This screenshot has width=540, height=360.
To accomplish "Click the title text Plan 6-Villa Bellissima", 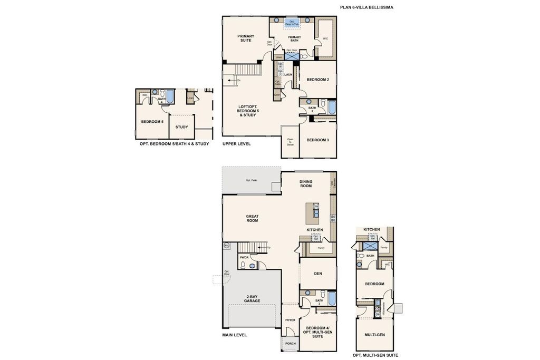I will point(366,8).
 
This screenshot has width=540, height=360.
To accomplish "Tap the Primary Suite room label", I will point(245,38).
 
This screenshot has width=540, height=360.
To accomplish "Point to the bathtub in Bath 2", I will point(331,108).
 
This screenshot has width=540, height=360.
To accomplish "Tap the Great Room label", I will point(252,218).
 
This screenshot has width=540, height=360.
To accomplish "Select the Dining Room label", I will point(306,184).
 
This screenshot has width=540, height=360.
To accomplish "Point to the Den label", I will point(318,274).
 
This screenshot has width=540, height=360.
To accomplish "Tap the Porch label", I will point(290,344).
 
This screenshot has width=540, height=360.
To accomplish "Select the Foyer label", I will point(290,320).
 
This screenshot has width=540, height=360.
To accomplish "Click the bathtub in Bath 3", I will point(331,299).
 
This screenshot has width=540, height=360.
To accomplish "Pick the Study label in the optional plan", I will point(182,127).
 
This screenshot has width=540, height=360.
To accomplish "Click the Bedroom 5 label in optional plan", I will point(152,122).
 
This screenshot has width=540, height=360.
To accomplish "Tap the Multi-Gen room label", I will point(374,335).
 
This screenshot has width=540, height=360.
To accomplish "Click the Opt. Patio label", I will point(251,180).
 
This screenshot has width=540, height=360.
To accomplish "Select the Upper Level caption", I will point(236,144).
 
